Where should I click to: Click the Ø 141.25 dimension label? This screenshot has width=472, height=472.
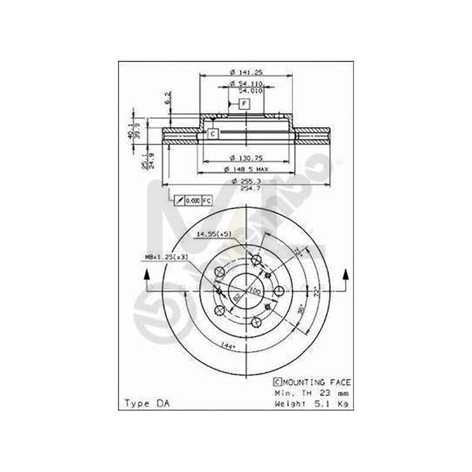(x=246, y=72)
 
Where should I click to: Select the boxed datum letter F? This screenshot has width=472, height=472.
(x=244, y=104)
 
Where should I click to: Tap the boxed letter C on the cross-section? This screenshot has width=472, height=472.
(x=212, y=134)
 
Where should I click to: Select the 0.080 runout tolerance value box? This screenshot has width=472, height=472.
(x=194, y=200)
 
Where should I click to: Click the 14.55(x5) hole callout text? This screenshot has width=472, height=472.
(x=214, y=234)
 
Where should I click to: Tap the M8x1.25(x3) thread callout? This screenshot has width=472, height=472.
(x=167, y=257)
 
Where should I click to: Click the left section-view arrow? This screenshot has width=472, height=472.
(x=147, y=276)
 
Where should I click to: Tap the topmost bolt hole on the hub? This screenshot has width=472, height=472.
(x=256, y=260)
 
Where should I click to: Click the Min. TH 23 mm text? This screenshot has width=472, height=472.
(x=312, y=393)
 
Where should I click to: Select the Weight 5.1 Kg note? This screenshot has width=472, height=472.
(x=312, y=403)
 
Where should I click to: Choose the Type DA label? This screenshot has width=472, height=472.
(x=143, y=403)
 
